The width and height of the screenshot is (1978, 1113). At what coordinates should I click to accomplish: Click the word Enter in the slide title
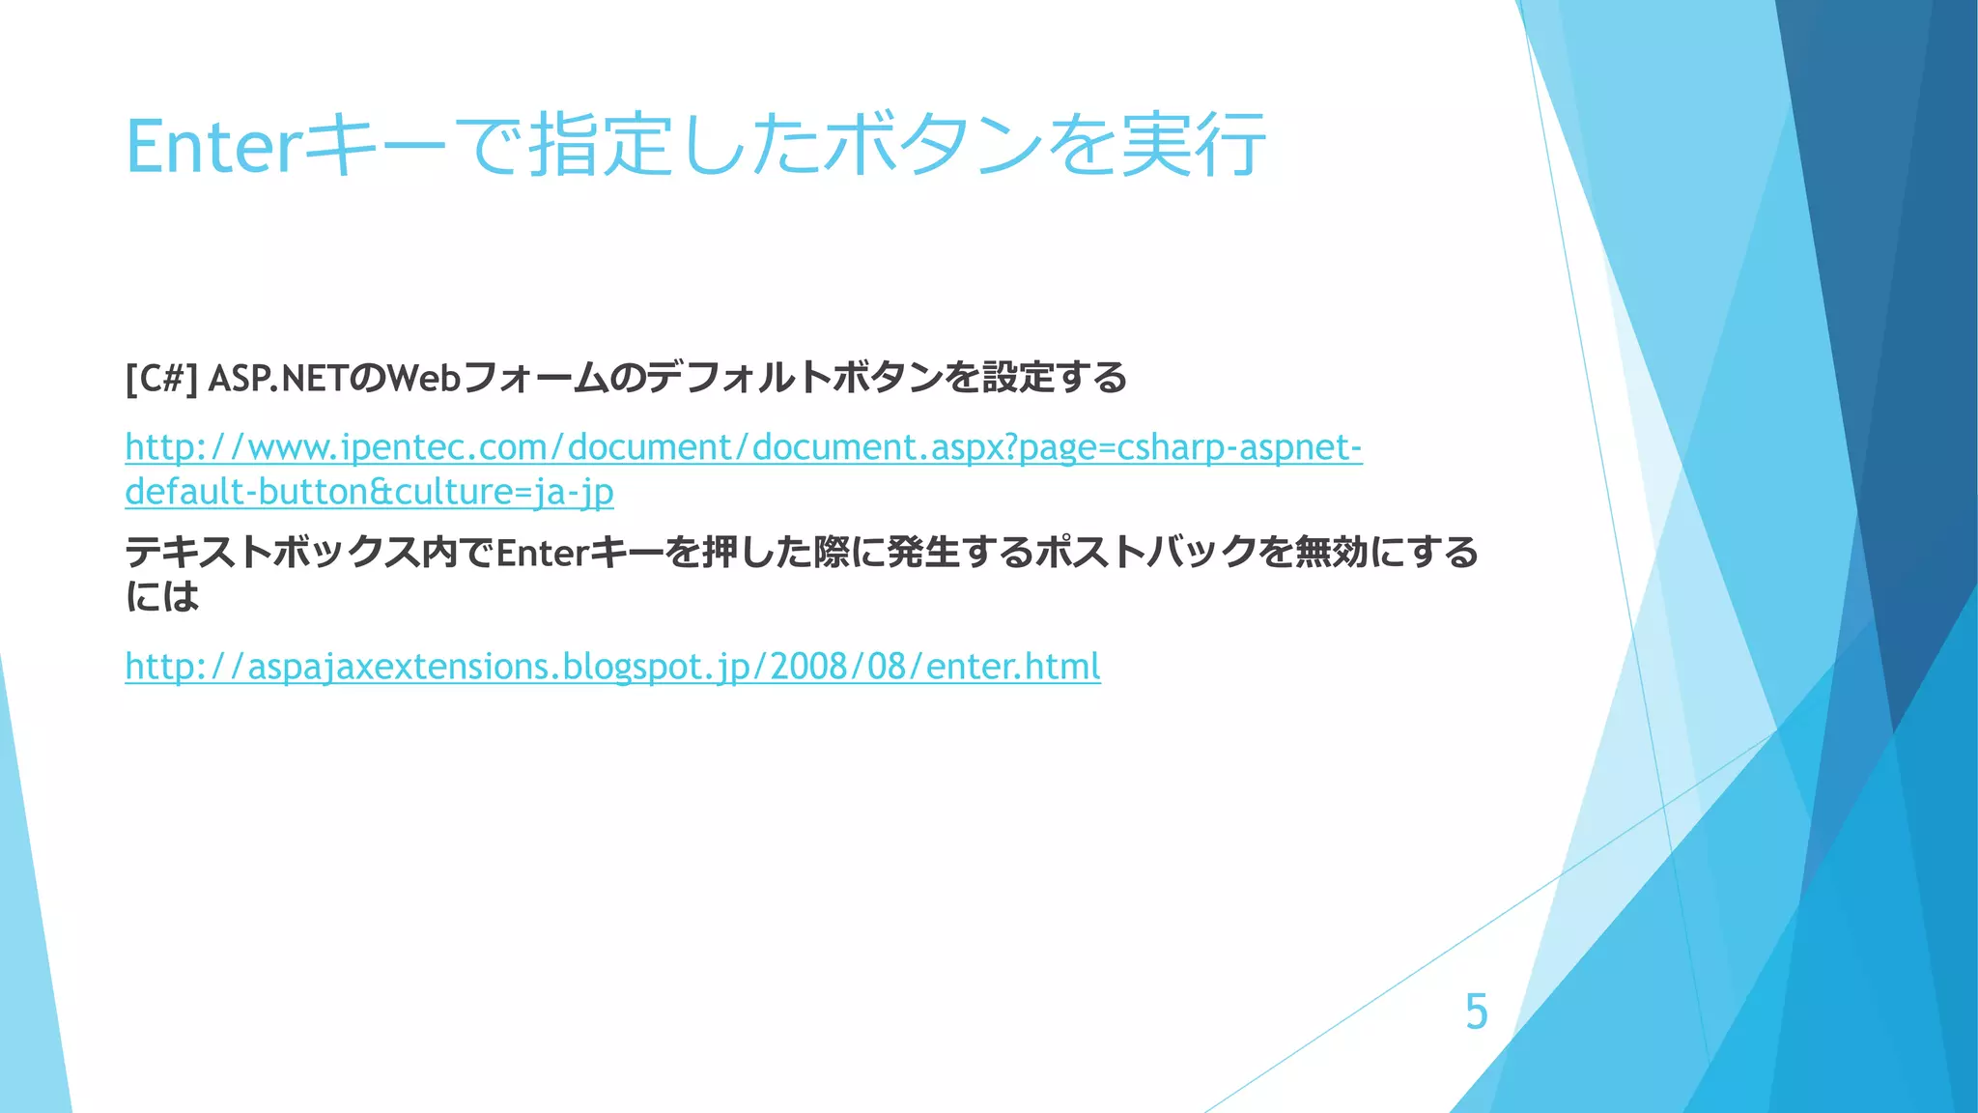[210, 146]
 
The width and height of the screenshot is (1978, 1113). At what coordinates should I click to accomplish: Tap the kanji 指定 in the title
[601, 146]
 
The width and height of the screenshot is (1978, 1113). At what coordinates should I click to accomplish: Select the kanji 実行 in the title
[1193, 146]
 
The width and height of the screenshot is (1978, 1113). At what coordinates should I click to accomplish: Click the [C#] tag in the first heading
[161, 378]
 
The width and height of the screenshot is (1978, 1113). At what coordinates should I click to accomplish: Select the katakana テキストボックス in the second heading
[272, 553]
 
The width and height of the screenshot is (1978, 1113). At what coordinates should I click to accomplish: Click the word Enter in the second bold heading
[542, 553]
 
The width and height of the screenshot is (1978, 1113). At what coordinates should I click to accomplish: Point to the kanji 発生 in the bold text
[922, 553]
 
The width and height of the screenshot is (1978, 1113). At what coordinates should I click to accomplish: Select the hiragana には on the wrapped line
[162, 596]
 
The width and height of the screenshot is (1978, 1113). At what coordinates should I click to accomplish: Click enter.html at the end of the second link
[1012, 667]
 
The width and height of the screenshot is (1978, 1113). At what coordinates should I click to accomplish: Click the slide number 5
[1477, 1012]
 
